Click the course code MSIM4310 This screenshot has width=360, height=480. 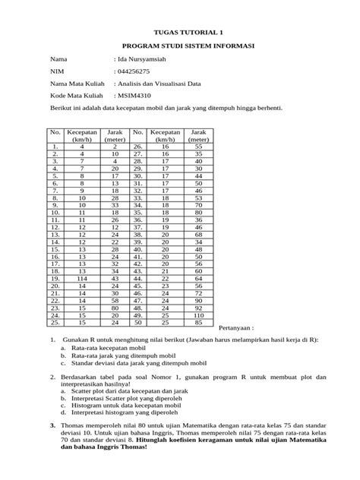click(x=134, y=97)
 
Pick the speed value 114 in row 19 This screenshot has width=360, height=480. click(x=82, y=279)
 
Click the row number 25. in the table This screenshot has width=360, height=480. click(x=55, y=323)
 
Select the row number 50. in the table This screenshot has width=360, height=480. click(x=137, y=323)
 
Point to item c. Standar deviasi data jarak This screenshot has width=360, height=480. click(x=133, y=362)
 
